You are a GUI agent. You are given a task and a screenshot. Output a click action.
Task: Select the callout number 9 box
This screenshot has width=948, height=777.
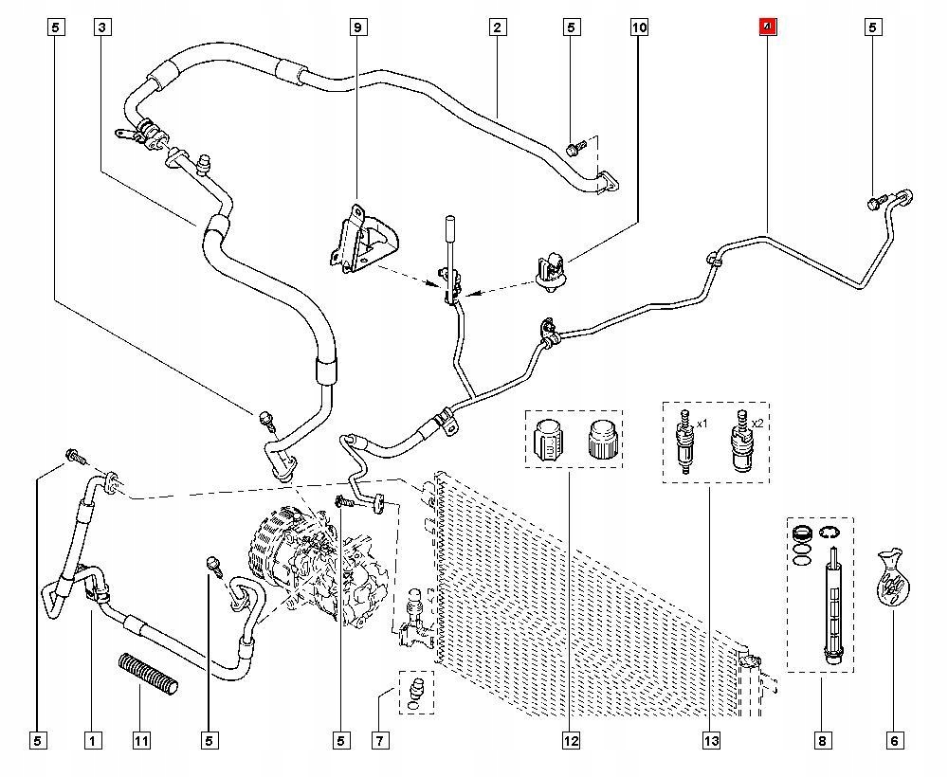point(358,27)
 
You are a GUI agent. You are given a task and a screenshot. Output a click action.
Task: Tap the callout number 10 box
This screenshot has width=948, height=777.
point(639,27)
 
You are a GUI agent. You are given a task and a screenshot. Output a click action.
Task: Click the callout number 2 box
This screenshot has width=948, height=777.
point(496,27)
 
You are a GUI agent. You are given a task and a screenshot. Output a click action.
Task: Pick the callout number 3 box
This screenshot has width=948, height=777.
point(101,27)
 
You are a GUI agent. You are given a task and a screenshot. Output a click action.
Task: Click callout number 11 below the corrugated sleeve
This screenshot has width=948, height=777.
point(141,740)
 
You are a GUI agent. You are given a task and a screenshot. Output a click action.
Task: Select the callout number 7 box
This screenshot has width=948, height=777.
point(380,740)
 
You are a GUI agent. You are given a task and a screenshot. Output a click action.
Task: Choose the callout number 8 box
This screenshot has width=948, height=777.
point(822,740)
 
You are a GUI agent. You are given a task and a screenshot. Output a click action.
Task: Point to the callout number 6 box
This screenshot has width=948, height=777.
point(895,740)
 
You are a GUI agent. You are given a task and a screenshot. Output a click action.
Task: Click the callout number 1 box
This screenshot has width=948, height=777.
point(92,740)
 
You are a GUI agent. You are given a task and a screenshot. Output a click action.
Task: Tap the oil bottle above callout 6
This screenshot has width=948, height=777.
point(891,577)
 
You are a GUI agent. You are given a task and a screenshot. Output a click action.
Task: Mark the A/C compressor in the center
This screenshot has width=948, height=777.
point(313,569)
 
